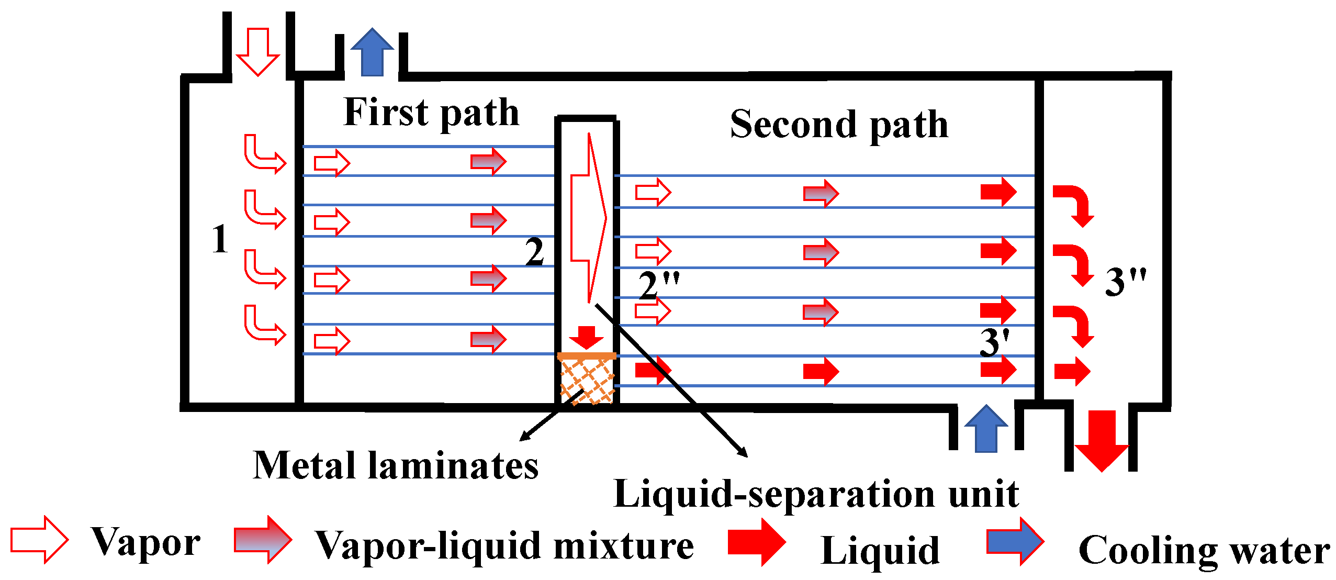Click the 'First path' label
coord(431,113)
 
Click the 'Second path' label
coord(839,125)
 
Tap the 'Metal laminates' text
coord(396,465)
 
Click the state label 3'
coord(994,343)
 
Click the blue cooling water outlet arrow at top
coord(372,52)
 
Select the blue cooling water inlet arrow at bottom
coord(986,429)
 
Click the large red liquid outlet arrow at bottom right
coord(1102,440)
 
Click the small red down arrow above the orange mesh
coord(587,337)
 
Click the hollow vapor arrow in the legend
coord(40,540)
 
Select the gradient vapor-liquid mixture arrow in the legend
coord(263,540)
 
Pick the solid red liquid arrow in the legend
coord(757,542)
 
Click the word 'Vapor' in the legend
coord(146,542)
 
